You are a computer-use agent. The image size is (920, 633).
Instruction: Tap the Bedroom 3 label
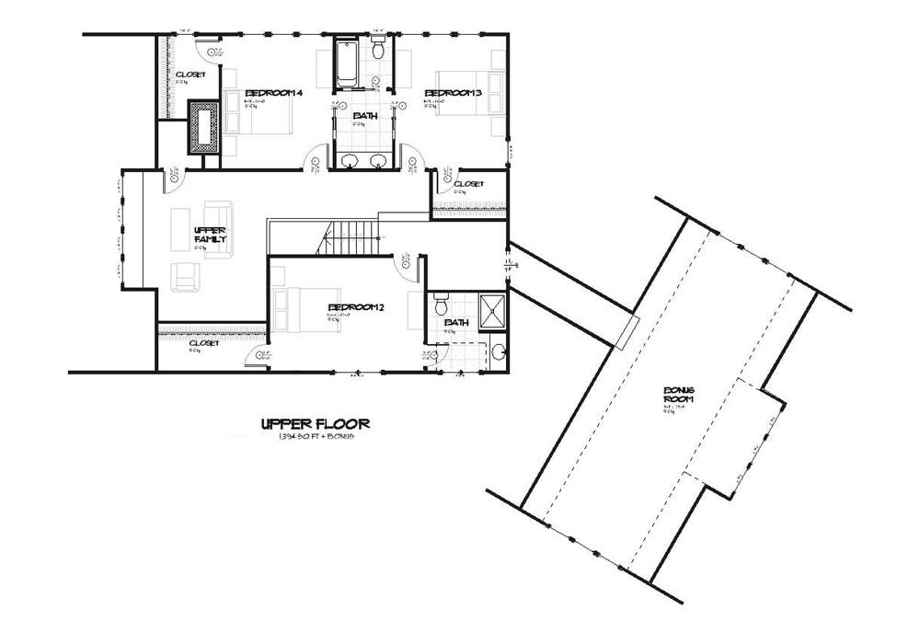tap(453, 93)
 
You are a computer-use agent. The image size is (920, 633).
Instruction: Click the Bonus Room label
tap(679, 396)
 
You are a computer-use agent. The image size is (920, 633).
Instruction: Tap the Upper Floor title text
tap(316, 424)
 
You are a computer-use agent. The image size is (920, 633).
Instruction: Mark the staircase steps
tap(350, 239)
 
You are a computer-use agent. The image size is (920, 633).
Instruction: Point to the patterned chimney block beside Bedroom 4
tap(203, 128)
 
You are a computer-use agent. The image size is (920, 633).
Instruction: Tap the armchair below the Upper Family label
tap(187, 273)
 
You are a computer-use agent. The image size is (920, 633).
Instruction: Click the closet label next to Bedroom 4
tap(190, 75)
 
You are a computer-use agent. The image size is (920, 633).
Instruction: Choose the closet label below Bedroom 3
tap(468, 184)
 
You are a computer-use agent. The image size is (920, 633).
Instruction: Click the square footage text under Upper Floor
tap(316, 435)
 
